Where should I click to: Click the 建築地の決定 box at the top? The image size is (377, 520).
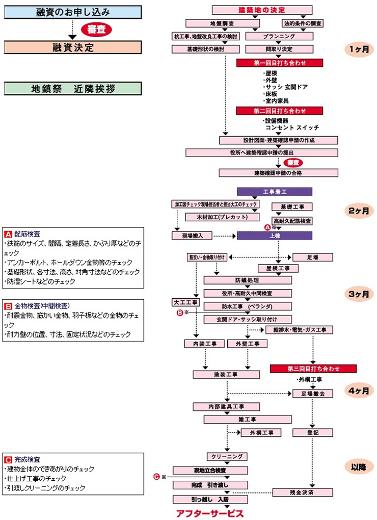pyautogui.click(x=262, y=10)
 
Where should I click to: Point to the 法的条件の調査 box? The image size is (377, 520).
pyautogui.click(x=303, y=23)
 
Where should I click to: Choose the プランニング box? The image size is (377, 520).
pyautogui.click(x=279, y=36)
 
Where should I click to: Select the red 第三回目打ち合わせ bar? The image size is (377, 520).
pyautogui.click(x=313, y=368)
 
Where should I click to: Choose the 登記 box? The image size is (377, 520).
pyautogui.click(x=313, y=432)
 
